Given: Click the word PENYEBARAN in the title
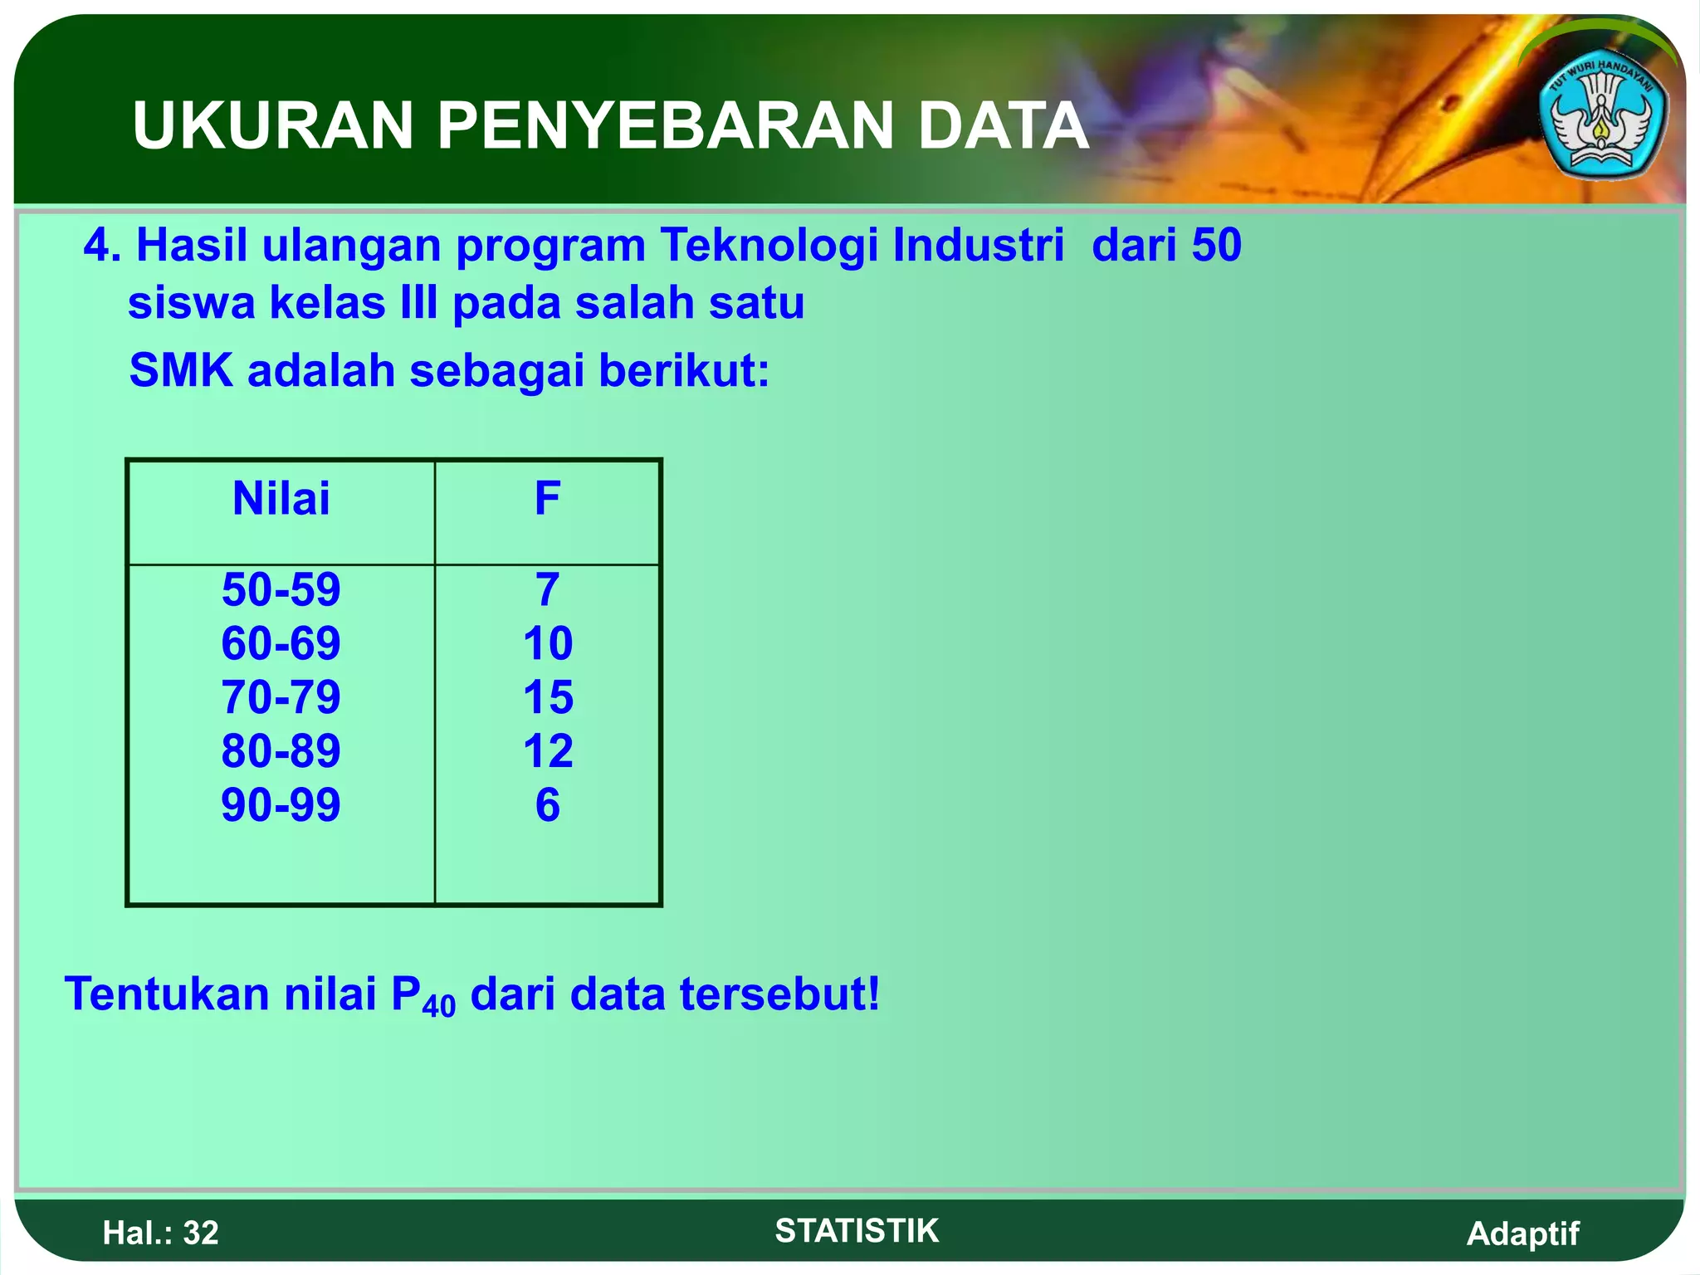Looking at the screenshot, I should point(664,126).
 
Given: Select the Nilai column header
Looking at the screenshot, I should point(281,499).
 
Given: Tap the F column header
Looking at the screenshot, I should point(547,499).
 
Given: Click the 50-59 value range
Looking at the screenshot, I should point(281,589).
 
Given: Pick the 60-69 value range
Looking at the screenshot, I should point(281,643).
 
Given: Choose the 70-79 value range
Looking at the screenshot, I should point(281,697).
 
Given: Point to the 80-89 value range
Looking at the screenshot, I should point(281,751).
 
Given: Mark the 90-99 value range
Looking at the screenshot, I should point(281,805).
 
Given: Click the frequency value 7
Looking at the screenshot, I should point(547,589).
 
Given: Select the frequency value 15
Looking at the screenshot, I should point(548,697).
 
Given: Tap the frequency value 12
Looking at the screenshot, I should point(548,751).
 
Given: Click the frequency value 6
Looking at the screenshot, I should point(548,805).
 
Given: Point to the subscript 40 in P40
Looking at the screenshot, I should point(439,1006).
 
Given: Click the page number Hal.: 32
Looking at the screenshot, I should point(160,1233).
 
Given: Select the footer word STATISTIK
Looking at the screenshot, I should point(857,1230).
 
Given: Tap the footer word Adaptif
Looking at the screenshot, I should point(1522,1233).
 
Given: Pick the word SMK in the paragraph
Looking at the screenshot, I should point(181,370).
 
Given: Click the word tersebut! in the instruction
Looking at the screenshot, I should point(780,994).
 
